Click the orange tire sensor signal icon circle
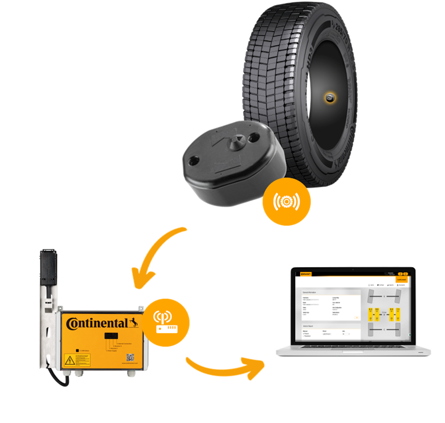tap(286, 201)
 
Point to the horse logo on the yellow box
tap(133, 322)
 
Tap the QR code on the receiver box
tap(130, 358)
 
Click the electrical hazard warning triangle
tap(70, 360)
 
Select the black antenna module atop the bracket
tap(49, 267)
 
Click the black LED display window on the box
tap(111, 336)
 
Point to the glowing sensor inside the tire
tap(330, 98)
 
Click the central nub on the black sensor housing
tap(236, 141)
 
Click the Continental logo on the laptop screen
tap(306, 274)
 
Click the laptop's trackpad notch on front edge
tap(353, 351)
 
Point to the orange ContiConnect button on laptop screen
tap(402, 280)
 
